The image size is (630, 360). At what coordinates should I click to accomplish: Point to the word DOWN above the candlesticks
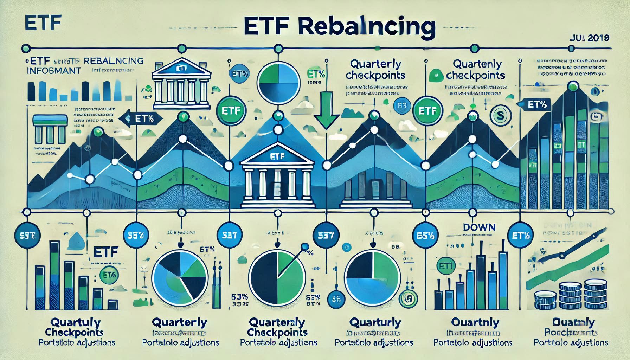479,227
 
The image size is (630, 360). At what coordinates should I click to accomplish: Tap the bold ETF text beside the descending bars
105,252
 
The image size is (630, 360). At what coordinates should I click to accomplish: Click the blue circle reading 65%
425,236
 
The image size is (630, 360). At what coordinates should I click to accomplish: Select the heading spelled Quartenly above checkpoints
477,64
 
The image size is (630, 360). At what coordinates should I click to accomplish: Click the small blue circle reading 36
336,300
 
